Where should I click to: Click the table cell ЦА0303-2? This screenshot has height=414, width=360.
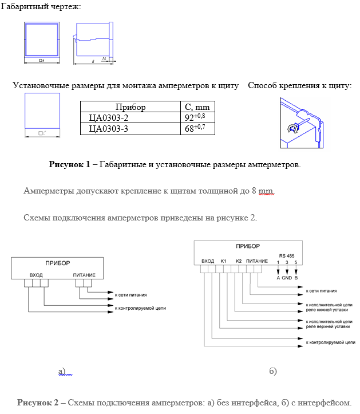click(x=109, y=118)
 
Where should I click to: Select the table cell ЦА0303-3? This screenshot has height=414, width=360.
click(x=109, y=129)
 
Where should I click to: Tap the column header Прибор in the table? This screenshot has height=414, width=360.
click(x=130, y=107)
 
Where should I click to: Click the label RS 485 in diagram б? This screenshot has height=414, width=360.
click(x=287, y=255)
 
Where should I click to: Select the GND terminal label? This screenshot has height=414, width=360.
click(x=287, y=278)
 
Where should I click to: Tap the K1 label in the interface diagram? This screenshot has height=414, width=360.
click(x=223, y=261)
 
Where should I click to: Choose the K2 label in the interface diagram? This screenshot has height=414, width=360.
click(x=239, y=261)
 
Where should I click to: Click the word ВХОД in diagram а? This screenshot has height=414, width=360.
click(x=36, y=275)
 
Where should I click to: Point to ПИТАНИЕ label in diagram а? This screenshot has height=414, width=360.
click(x=84, y=275)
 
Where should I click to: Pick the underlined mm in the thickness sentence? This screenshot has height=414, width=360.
click(x=266, y=191)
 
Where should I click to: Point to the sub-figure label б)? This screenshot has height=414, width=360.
click(x=273, y=372)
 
